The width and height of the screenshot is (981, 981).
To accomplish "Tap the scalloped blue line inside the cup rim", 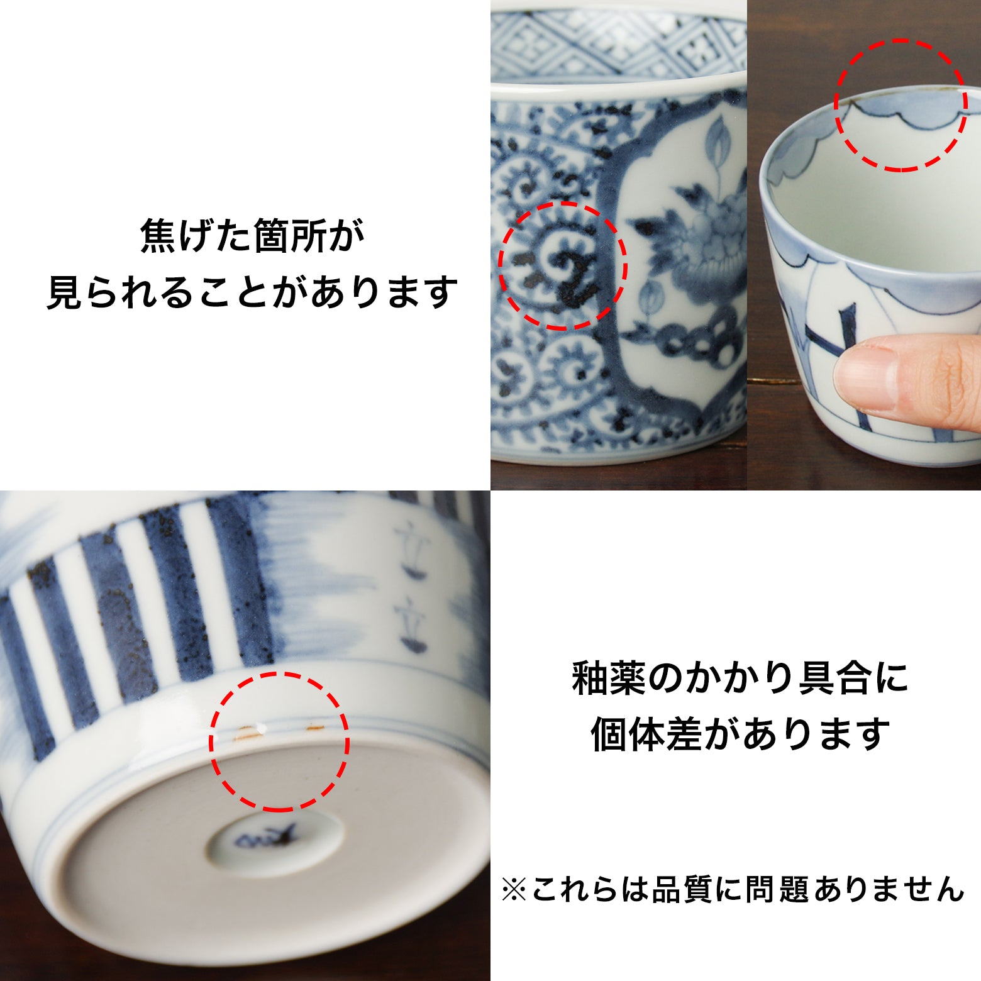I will [x=899, y=116].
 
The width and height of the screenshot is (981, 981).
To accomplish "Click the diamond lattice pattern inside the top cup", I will [x=616, y=41].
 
